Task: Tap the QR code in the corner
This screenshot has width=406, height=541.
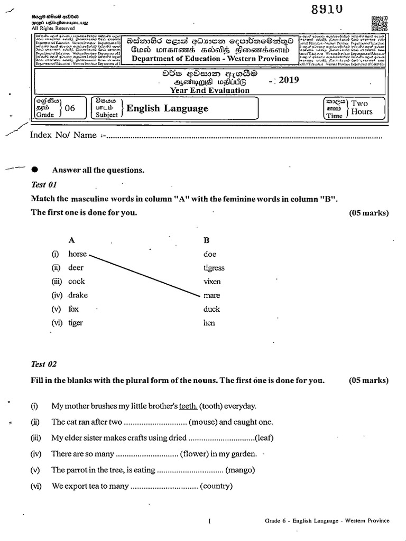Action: click(380, 24)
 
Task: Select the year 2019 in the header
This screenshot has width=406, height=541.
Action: click(288, 80)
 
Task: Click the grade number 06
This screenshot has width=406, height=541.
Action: click(70, 108)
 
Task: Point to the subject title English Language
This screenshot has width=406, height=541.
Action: click(167, 108)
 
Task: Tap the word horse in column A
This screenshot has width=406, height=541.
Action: click(77, 254)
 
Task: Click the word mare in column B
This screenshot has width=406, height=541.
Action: click(211, 295)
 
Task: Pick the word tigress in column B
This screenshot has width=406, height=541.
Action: click(214, 268)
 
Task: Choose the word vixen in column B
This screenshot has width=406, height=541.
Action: click(212, 282)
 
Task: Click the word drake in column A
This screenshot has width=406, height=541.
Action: click(78, 295)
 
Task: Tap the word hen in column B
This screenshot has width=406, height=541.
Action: click(209, 323)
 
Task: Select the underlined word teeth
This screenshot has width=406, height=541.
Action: click(188, 406)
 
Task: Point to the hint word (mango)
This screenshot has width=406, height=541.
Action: click(241, 470)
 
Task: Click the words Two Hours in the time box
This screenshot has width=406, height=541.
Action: click(362, 108)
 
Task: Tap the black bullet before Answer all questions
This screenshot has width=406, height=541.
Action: click(35, 170)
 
